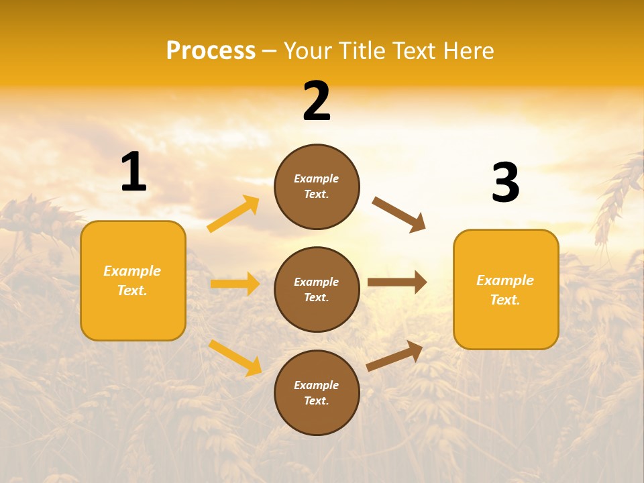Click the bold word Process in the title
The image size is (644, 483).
point(211,51)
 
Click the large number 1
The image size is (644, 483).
point(133,172)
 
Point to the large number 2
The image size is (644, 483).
point(317,101)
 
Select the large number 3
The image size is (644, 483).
point(505,182)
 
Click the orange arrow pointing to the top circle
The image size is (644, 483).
point(233,214)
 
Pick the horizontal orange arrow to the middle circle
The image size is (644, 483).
point(235,284)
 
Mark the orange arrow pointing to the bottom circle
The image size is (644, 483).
point(235,358)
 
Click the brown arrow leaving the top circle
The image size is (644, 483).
point(399,215)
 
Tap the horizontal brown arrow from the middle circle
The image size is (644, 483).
point(397,282)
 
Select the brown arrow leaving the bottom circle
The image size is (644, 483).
point(394,356)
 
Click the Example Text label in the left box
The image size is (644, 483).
point(133,280)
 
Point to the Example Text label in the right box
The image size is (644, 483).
point(506,290)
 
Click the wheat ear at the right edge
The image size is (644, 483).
point(621,195)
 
